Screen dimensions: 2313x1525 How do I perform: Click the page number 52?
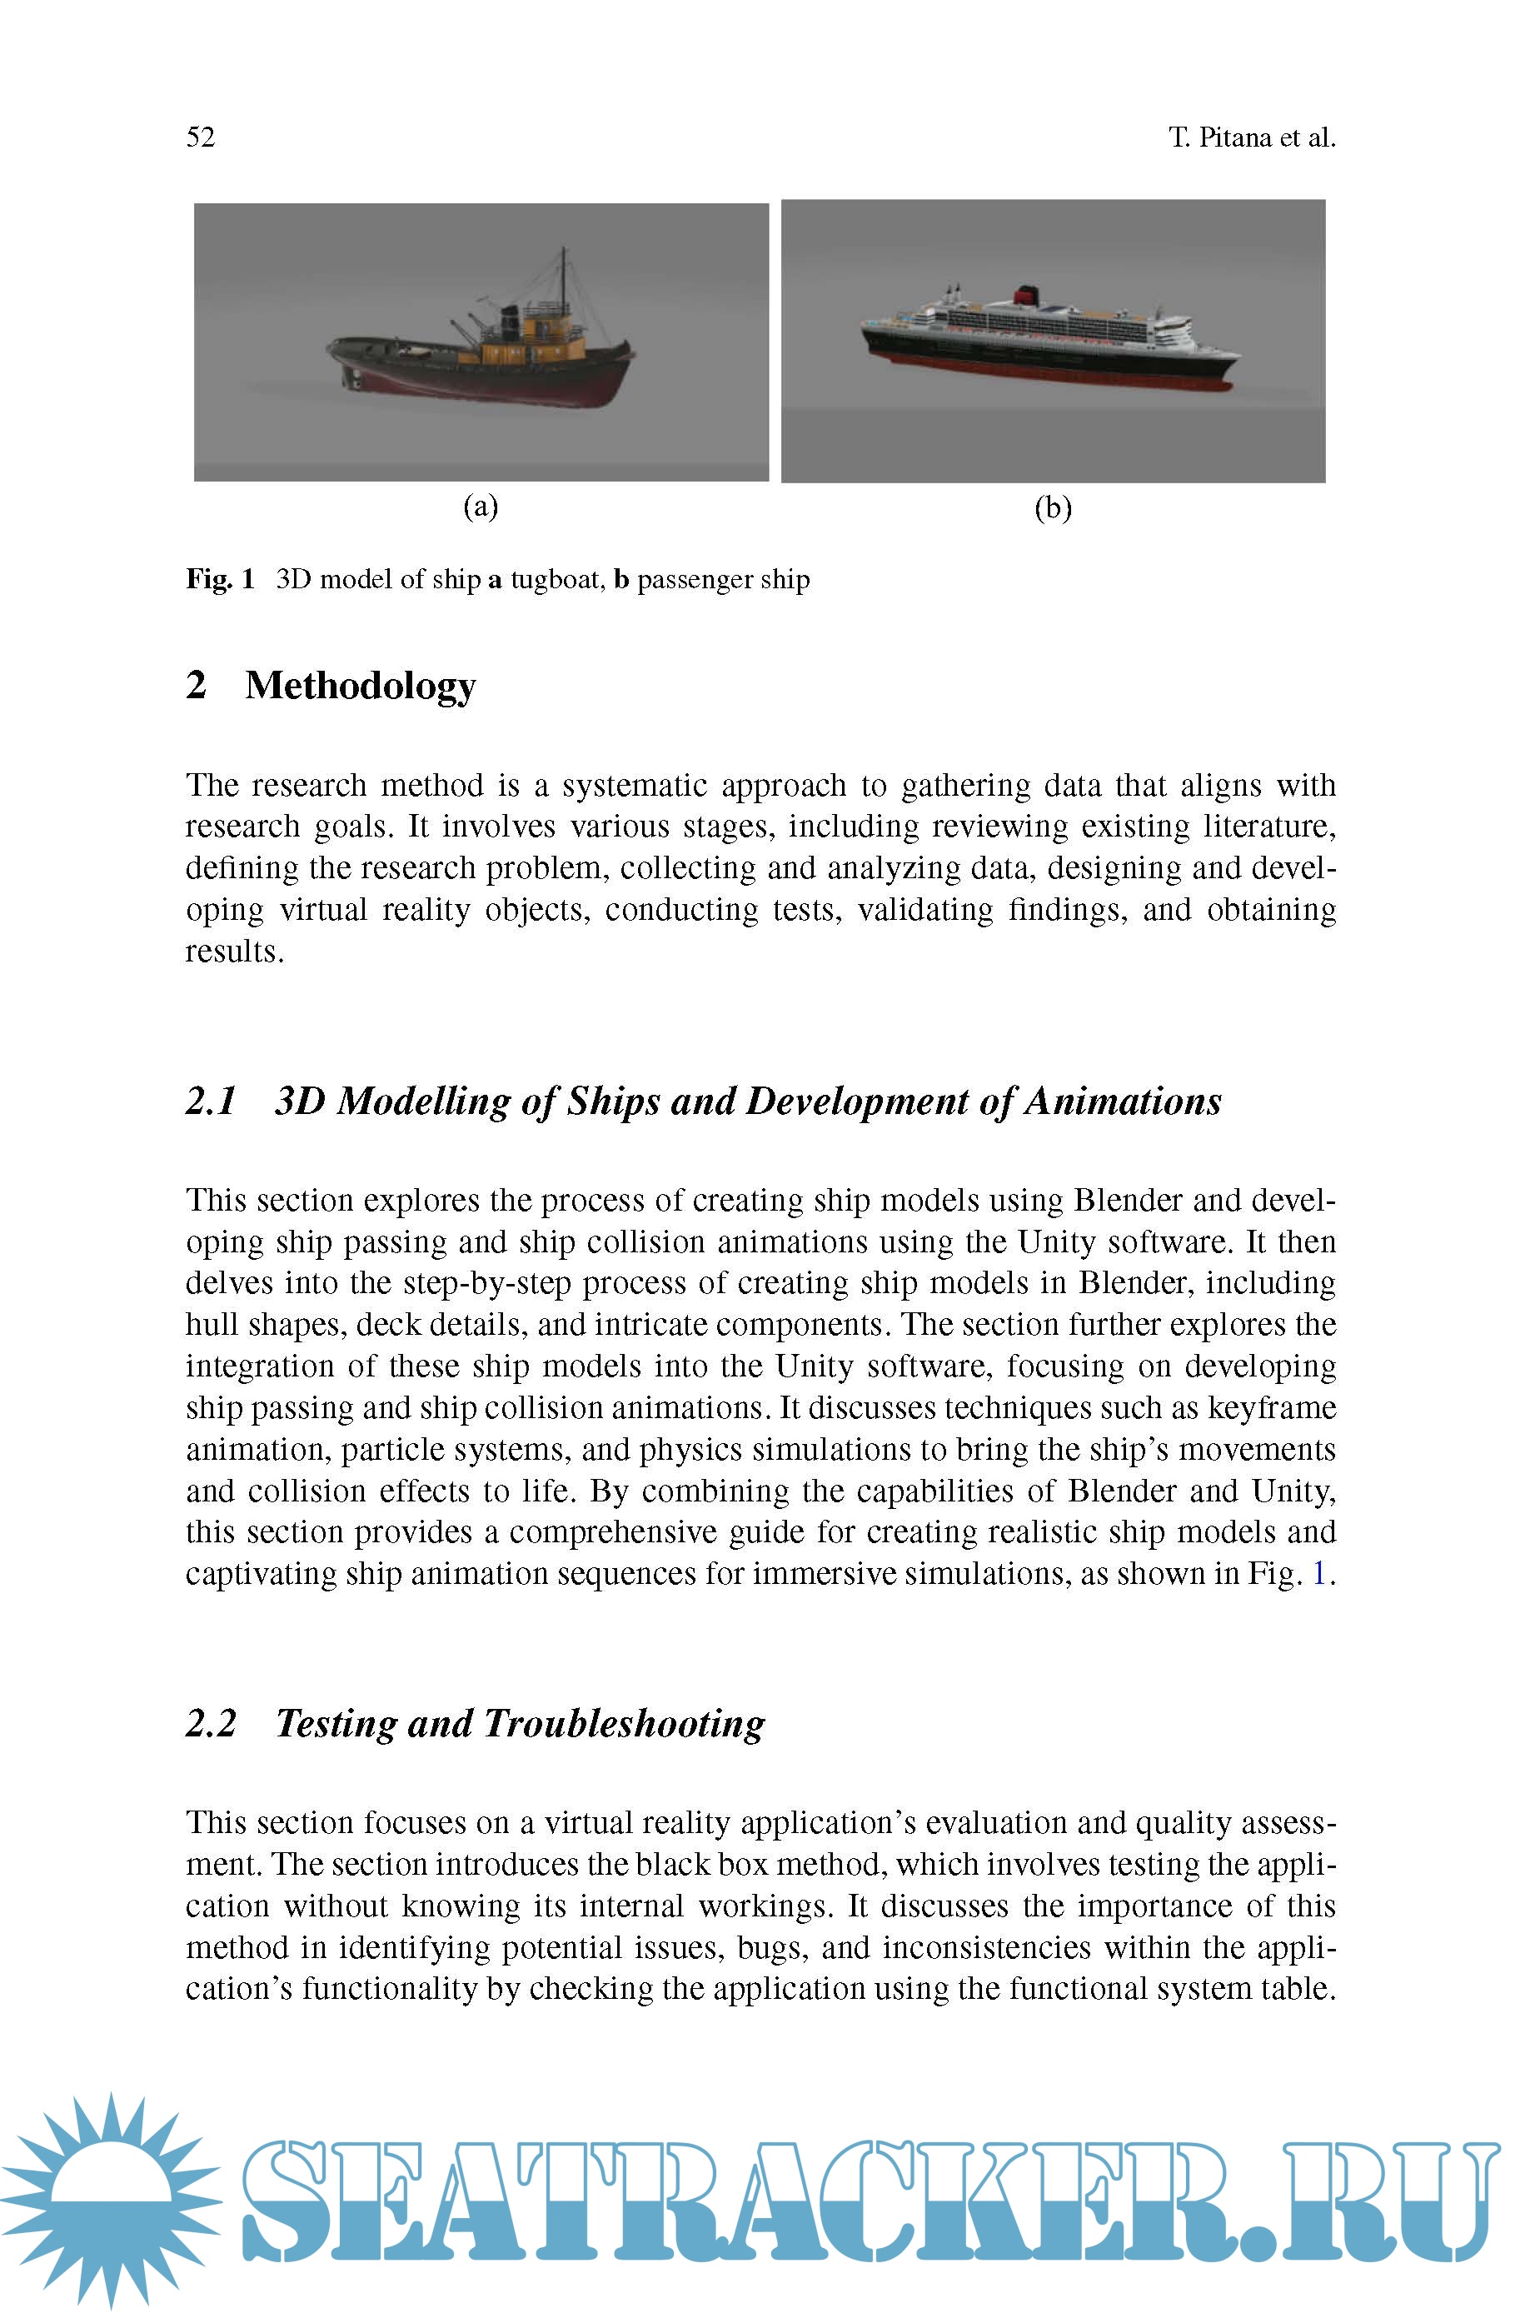pos(201,137)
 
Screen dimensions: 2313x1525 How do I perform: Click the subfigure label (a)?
pos(481,506)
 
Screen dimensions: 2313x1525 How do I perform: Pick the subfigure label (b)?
pos(1052,507)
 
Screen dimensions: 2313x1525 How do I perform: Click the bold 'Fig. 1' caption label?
pos(220,580)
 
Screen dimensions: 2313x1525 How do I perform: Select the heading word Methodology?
pos(360,686)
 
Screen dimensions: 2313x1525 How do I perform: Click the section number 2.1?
pos(211,1101)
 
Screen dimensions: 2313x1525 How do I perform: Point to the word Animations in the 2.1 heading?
pos(1123,1101)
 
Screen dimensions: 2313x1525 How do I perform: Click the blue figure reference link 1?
pos(1318,1574)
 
